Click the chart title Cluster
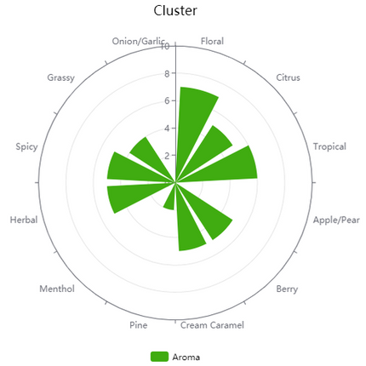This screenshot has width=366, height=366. tap(175, 11)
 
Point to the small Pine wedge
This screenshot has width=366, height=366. tap(170, 199)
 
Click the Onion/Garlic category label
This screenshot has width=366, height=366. tap(138, 40)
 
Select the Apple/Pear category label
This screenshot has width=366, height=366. tap(336, 220)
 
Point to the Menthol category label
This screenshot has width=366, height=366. tap(57, 289)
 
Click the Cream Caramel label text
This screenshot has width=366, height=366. tap(212, 325)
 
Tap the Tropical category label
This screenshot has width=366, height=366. tap(329, 146)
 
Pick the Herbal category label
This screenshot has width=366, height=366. tap(23, 220)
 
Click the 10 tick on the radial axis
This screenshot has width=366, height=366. tap(165, 46)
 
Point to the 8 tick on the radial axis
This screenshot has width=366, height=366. tap(167, 73)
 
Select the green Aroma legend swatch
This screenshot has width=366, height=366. tap(159, 356)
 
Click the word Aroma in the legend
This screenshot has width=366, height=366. tap(186, 356)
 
